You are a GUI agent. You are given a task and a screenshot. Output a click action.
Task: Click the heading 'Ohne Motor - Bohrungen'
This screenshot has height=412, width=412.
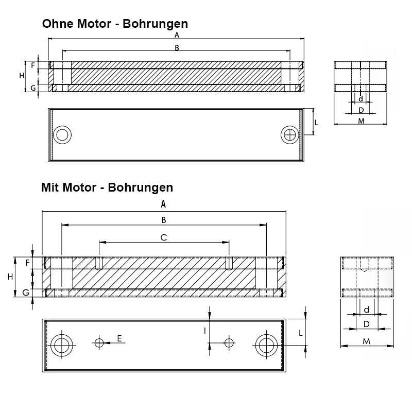click(x=115, y=24)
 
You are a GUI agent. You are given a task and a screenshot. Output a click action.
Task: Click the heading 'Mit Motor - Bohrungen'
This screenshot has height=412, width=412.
click(x=107, y=187)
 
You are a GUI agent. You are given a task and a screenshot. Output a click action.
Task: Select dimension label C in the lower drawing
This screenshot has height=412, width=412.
click(x=164, y=237)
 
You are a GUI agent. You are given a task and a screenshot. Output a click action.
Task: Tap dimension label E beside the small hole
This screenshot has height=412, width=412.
click(x=119, y=338)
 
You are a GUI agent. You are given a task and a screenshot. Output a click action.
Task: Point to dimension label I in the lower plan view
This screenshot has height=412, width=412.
click(x=205, y=331)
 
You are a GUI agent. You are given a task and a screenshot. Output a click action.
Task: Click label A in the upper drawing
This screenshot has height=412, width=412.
click(x=177, y=35)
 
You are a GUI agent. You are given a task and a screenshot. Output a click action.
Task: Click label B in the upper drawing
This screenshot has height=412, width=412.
click(x=177, y=48)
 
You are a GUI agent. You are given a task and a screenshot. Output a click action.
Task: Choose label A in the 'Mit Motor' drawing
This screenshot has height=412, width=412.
click(x=163, y=204)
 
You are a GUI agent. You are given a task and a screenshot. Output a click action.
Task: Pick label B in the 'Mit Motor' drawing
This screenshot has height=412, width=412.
click(x=164, y=220)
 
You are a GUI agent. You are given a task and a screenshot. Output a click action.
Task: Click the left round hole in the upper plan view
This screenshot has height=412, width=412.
click(x=63, y=135)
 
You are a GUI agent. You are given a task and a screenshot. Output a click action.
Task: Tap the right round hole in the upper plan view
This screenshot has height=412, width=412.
click(x=290, y=135)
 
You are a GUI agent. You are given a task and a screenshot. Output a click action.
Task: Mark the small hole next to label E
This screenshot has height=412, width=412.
click(x=99, y=342)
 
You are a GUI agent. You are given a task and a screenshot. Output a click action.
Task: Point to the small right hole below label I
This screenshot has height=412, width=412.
click(x=229, y=342)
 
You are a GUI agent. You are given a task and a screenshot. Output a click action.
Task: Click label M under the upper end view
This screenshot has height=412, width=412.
click(x=361, y=121)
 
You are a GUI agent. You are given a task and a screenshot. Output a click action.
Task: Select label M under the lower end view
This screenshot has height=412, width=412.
click(x=366, y=341)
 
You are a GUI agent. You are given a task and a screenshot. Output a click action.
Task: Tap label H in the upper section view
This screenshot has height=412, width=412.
click(x=22, y=76)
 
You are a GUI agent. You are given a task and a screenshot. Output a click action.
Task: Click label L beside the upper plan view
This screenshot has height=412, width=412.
click(x=316, y=123)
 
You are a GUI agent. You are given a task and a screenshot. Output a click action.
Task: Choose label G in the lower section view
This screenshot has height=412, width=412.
click(x=25, y=293)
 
